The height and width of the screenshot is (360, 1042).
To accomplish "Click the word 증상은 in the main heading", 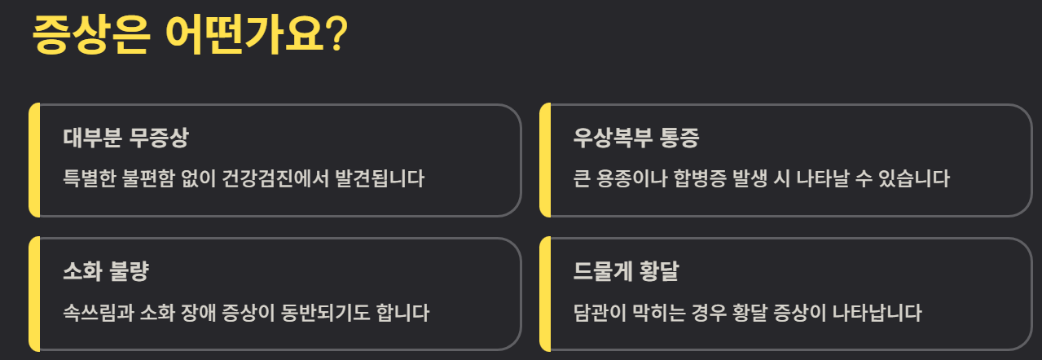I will click(90, 35).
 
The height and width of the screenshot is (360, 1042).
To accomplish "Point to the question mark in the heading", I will click(336, 35).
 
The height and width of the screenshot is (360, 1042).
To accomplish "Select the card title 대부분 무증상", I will click(125, 138).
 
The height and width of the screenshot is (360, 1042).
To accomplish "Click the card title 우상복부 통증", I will click(635, 138).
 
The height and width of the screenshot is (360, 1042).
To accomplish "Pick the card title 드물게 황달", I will click(626, 271).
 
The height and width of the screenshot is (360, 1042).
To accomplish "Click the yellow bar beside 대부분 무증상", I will click(33, 160).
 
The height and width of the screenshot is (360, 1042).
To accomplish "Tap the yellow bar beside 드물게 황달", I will click(545, 293).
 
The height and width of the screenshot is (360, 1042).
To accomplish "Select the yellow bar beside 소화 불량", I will click(33, 293).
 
